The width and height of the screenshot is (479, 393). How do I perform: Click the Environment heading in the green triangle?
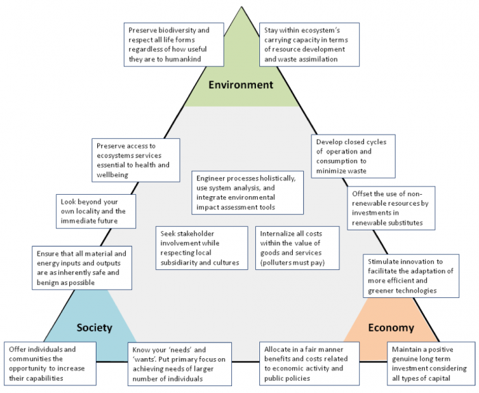(x=241, y=85)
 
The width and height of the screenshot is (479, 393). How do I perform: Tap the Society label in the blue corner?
(x=94, y=327)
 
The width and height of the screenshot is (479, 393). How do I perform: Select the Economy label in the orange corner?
(x=391, y=327)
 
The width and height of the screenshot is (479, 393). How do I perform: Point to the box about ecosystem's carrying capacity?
(x=309, y=44)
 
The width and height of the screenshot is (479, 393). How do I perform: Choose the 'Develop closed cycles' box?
(x=353, y=157)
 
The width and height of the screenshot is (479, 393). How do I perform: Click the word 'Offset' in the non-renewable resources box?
(x=362, y=193)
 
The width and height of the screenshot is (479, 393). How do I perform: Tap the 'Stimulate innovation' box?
(x=411, y=276)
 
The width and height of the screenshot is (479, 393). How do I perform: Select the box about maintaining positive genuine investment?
(x=431, y=364)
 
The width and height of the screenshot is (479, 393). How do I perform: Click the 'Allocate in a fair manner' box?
(x=309, y=364)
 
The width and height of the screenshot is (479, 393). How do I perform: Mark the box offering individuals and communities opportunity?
(x=50, y=364)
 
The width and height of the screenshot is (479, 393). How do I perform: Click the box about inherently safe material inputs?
(x=82, y=268)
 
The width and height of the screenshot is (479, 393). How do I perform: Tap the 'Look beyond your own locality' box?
(x=96, y=211)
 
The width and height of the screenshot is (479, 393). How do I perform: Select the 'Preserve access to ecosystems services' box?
(x=136, y=160)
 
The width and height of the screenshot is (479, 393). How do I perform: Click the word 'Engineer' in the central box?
(x=211, y=178)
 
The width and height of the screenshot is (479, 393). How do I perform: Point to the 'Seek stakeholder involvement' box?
(x=202, y=248)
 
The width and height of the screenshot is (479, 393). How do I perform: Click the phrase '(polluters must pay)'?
(x=292, y=262)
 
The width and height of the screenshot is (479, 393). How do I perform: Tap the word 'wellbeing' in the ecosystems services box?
(x=112, y=175)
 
